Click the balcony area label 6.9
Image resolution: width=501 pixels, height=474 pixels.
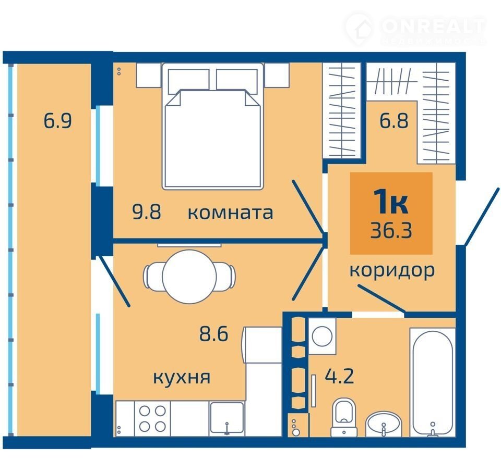pyautogui.click(x=57, y=120)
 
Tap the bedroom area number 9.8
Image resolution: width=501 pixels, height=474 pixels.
pyautogui.click(x=147, y=212)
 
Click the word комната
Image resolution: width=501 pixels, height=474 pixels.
pyautogui.click(x=230, y=213)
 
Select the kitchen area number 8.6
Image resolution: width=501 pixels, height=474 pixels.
pyautogui.click(x=214, y=334)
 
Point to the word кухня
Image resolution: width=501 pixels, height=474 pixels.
pyautogui.click(x=182, y=378)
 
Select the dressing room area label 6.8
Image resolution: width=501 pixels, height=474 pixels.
pyautogui.click(x=394, y=120)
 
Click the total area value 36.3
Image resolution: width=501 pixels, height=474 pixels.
pyautogui.click(x=391, y=230)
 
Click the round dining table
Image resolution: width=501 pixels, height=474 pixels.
pyautogui.click(x=189, y=276)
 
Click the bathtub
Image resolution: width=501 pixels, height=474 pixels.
pyautogui.click(x=433, y=382)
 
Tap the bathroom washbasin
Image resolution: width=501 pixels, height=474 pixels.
pyautogui.click(x=384, y=424)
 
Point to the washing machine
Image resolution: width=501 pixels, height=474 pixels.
pyautogui.click(x=322, y=336)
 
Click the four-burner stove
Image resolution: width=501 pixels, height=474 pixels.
pyautogui.click(x=152, y=418)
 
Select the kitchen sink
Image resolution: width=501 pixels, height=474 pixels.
pyautogui.click(x=226, y=418)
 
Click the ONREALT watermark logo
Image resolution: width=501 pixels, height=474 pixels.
pyautogui.click(x=415, y=29)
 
